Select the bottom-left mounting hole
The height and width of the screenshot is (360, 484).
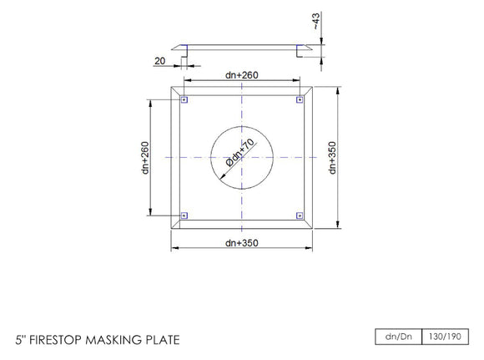pyautogui.click(x=185, y=215)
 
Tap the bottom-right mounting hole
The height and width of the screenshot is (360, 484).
pyautogui.click(x=299, y=215)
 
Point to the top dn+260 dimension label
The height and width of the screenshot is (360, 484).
pyautogui.click(x=241, y=75)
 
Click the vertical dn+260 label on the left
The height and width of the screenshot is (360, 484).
pyautogui.click(x=145, y=156)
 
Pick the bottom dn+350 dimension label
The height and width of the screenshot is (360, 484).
pyautogui.click(x=241, y=243)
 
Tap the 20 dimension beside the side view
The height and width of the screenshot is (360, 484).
pyautogui.click(x=159, y=60)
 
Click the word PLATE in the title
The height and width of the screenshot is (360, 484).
pyautogui.click(x=163, y=341)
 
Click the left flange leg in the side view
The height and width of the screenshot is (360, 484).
pyautogui.click(x=186, y=53)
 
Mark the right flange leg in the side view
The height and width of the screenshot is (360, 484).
pyautogui.click(x=298, y=53)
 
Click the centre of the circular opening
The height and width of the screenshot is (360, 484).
pyautogui.click(x=242, y=157)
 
